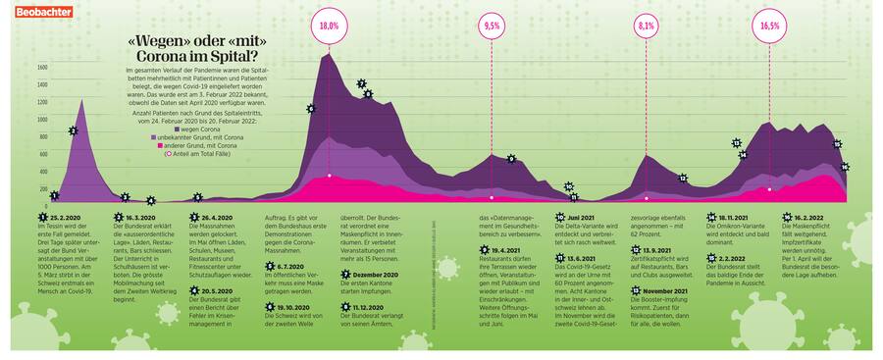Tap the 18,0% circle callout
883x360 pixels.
tap(329, 26)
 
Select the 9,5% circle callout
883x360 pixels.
tap(492, 26)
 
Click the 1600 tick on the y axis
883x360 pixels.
tap(42, 67)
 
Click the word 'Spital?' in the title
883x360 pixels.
tap(222, 57)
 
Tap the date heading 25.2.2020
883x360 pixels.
tap(67, 216)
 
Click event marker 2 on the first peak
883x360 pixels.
tap(74, 130)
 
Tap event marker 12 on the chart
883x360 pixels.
tap(683, 179)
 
